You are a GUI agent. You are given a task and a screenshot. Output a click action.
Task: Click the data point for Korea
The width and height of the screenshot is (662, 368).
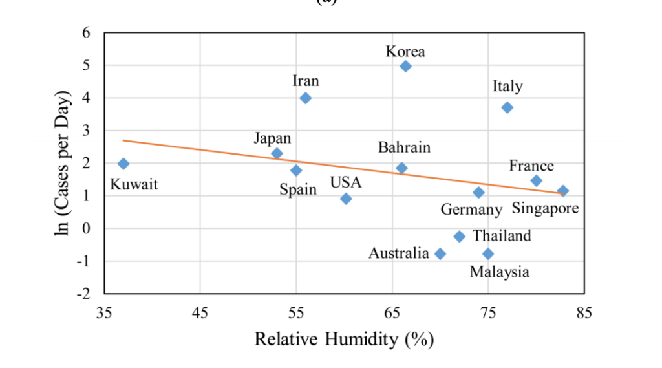(x=405, y=66)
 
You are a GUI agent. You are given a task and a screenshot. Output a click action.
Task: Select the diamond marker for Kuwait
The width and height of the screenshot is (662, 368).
(x=123, y=164)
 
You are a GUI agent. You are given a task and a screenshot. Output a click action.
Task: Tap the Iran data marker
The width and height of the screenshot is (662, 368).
(x=306, y=98)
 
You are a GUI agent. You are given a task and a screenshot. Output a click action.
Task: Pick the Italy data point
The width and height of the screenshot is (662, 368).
(x=507, y=107)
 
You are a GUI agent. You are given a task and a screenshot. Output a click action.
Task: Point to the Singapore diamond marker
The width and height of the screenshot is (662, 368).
(x=563, y=191)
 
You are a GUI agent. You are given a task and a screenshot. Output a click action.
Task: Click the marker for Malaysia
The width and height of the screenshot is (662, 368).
(x=488, y=254)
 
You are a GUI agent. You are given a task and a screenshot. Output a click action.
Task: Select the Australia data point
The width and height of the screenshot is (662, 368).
(x=440, y=254)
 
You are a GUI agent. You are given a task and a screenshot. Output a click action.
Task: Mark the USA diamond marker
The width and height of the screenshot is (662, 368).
(x=346, y=199)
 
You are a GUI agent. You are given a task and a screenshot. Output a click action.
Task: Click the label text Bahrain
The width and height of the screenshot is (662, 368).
(x=404, y=148)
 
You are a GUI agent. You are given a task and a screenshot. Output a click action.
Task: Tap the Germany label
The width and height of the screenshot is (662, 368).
(x=471, y=210)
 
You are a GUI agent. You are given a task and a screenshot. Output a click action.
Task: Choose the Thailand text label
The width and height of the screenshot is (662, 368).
(x=502, y=235)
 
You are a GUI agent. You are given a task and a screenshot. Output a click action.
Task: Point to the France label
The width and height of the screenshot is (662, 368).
(x=531, y=166)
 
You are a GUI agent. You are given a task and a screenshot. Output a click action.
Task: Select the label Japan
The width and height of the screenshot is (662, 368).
(x=272, y=138)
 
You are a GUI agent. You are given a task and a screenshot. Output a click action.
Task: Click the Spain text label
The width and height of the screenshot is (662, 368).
(x=298, y=189)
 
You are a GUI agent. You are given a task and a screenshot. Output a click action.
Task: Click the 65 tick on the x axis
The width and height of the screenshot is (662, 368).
(x=392, y=314)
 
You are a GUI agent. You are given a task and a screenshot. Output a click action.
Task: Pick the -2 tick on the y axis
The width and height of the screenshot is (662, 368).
(x=84, y=294)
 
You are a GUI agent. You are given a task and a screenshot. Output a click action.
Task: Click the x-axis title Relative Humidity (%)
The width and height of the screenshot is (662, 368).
(x=344, y=339)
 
